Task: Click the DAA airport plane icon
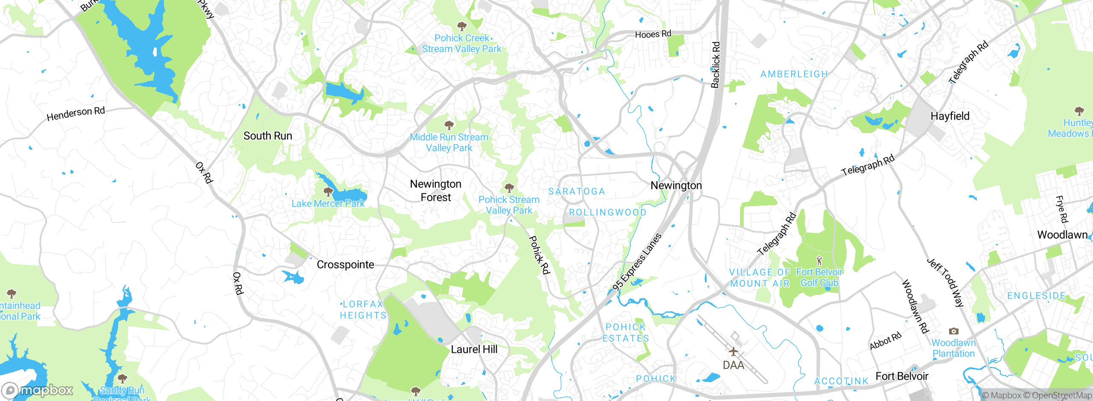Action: pos(733,352)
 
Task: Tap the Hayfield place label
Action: pos(950,116)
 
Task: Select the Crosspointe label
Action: pos(345,264)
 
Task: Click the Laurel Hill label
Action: pos(474,349)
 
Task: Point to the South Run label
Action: pos(268,136)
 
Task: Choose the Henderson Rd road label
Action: pos(76,113)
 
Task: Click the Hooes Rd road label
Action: pos(653,34)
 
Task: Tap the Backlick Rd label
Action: pos(716,65)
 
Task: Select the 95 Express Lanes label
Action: pos(637,262)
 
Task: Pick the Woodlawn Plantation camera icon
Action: pos(953,331)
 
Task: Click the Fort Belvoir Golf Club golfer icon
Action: pos(819,260)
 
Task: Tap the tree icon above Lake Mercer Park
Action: pos(328,192)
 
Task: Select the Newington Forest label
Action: pos(435,191)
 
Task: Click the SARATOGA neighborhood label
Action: pos(576,192)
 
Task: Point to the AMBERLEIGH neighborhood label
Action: pos(794,74)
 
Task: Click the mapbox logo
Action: pos(38,390)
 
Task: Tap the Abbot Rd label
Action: pos(886,341)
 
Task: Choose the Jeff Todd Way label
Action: pos(945,282)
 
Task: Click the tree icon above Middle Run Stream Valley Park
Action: pos(449,125)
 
